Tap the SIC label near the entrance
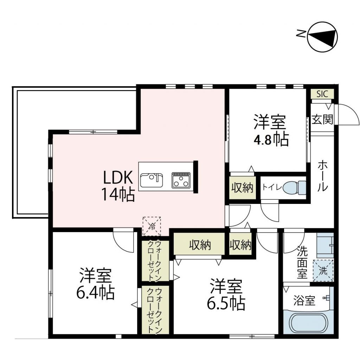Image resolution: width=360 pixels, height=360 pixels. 322,94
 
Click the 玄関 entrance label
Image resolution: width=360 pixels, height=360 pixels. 322,120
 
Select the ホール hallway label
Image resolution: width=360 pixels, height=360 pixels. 323,175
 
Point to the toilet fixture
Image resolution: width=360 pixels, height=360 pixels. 294,187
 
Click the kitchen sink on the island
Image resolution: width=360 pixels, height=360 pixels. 152,181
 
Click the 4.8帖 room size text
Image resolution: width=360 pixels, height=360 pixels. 271,140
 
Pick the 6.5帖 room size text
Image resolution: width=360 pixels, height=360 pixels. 227,303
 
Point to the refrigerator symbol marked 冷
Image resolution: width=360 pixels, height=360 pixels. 152,226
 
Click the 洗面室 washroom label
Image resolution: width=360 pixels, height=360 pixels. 302,263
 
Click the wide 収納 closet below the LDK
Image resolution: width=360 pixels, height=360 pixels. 199,245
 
